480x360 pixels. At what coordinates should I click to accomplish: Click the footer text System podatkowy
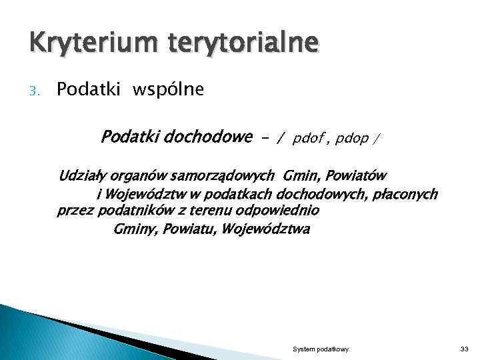click(320, 349)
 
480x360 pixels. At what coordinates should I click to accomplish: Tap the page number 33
click(464, 349)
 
